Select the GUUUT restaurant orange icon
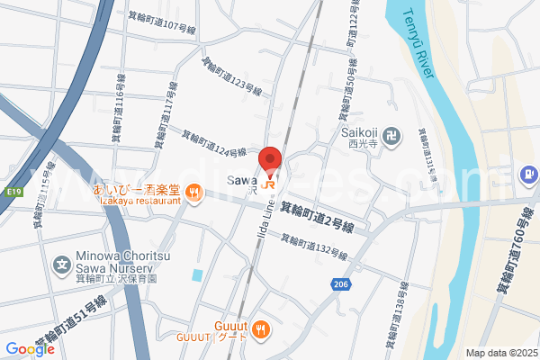point(261,328)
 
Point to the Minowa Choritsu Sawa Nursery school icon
point(62,265)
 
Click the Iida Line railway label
point(267,220)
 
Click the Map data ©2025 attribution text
point(499,353)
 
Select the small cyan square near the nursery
point(197,274)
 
